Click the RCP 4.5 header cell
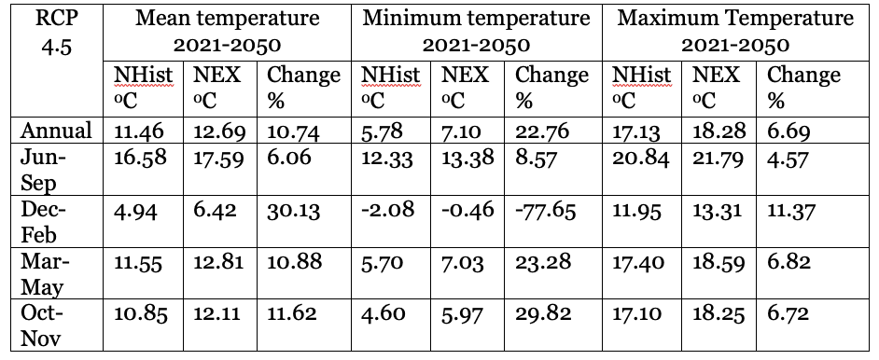tap(57, 32)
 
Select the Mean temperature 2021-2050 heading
tap(227, 32)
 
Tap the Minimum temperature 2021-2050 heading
tap(477, 32)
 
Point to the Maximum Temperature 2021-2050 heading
tap(735, 32)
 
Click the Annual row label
tap(56, 131)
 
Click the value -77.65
tap(546, 211)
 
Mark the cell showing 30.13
tap(294, 211)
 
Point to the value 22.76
tap(542, 132)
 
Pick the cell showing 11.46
tap(139, 132)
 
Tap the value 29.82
tap(543, 313)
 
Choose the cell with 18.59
tap(719, 262)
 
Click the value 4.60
tap(384, 312)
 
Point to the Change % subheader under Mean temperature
tap(303, 88)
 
